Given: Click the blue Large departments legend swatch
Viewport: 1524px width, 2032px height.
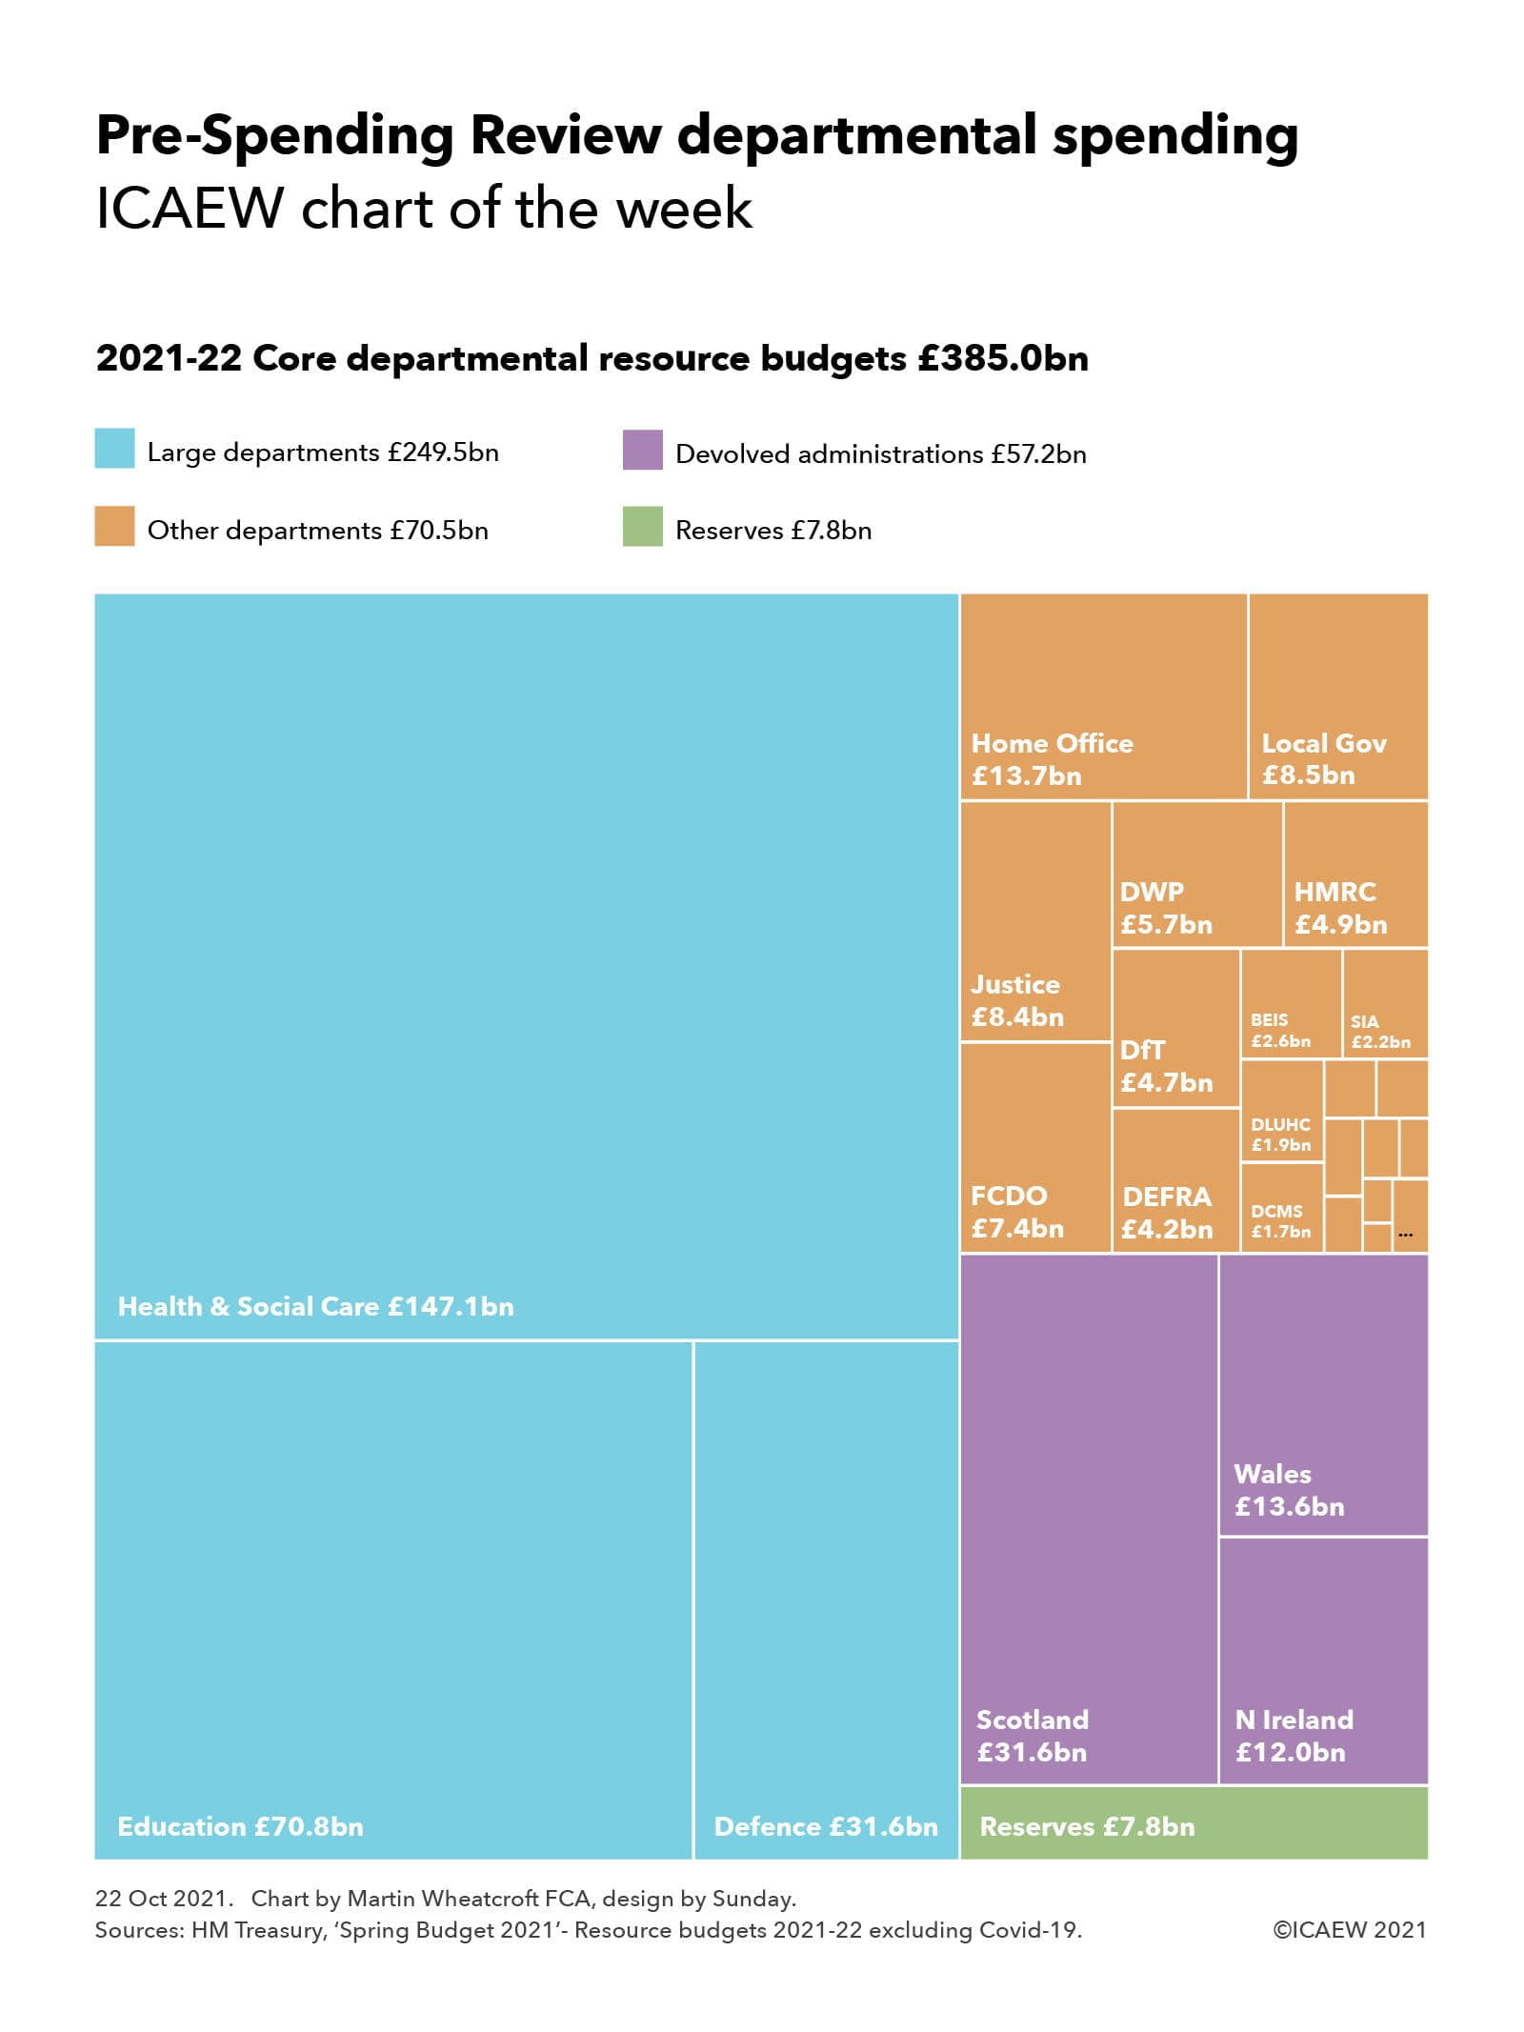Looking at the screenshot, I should point(114,449).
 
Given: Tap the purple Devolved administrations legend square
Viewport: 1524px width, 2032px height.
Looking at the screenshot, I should point(642,451).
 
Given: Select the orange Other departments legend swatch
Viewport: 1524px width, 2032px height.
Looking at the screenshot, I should point(114,526).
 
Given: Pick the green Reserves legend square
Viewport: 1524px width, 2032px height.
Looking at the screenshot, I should point(642,527).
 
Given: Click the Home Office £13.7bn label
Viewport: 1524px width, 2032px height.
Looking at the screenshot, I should point(1052,759).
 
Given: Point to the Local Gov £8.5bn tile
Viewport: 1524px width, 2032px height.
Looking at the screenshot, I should point(1337,696).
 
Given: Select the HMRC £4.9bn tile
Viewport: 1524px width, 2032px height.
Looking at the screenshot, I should point(1354,875).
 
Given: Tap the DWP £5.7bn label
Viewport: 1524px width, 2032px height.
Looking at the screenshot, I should point(1166,908).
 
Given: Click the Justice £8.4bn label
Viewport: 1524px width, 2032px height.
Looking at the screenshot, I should point(1016,1000).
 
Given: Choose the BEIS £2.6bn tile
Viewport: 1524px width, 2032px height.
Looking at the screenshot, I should point(1291,1004).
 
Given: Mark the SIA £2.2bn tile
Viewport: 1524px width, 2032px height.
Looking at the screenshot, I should point(1385,1004).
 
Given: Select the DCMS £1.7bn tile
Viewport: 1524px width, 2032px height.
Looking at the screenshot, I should point(1281,1207).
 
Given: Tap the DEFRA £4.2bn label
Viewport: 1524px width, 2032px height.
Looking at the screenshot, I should point(1167,1213).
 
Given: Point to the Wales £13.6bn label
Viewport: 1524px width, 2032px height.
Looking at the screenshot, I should point(1289,1490).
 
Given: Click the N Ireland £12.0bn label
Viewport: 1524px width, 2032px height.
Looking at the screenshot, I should point(1293,1736).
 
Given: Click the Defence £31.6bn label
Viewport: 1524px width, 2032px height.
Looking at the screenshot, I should point(826,1826).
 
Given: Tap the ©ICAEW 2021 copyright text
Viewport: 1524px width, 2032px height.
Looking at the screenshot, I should point(1350,1930).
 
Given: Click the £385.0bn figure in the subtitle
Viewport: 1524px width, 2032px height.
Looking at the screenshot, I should point(1003,359).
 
